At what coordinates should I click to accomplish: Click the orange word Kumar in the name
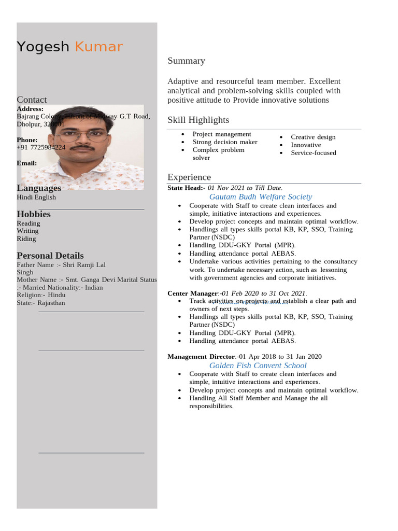tap(98, 47)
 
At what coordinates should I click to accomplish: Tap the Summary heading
tap(186, 61)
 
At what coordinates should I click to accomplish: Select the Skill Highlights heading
tap(198, 120)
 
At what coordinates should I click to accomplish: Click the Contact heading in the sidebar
tap(32, 100)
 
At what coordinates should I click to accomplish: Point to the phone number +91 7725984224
tap(41, 147)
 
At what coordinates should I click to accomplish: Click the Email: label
tap(27, 163)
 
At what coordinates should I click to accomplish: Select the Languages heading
tap(39, 188)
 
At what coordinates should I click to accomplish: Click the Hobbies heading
tap(34, 214)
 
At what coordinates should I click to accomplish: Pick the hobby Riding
tap(26, 239)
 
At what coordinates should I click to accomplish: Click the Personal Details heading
tap(50, 256)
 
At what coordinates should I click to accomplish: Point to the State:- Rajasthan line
tap(41, 303)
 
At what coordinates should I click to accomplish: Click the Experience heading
tap(189, 177)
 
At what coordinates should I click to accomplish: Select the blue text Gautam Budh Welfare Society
tap(260, 197)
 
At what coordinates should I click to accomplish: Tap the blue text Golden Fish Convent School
tap(258, 366)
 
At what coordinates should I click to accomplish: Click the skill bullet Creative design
tap(313, 137)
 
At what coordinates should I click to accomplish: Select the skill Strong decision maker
tap(224, 142)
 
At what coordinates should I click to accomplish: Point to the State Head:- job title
tap(186, 188)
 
